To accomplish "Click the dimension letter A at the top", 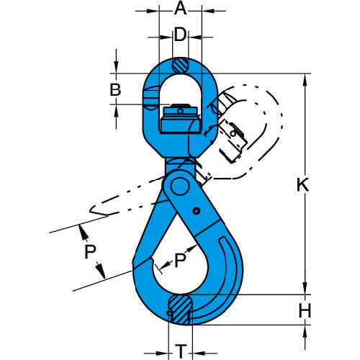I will click(180, 9).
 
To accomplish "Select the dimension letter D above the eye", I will click(180, 34).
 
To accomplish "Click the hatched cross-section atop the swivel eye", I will click(180, 65).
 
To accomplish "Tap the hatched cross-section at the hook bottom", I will click(180, 307).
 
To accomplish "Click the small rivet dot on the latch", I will click(196, 211).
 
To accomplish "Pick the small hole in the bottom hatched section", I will click(168, 314).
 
